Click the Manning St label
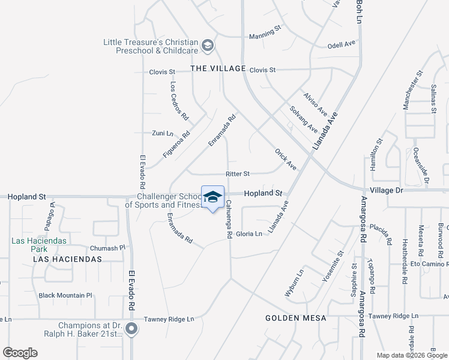tap(265, 36)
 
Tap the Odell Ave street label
tap(342, 45)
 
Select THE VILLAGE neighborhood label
tap(218, 69)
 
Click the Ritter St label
tap(237, 174)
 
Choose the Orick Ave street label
tap(285, 159)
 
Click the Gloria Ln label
tap(249, 234)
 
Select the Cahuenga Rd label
tap(229, 220)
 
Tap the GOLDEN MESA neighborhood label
tap(297, 317)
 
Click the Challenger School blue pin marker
tap(212, 197)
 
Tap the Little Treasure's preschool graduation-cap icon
tap(207, 45)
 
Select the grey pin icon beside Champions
tap(133, 329)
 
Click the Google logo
tap(20, 353)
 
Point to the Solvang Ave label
tap(303, 119)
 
